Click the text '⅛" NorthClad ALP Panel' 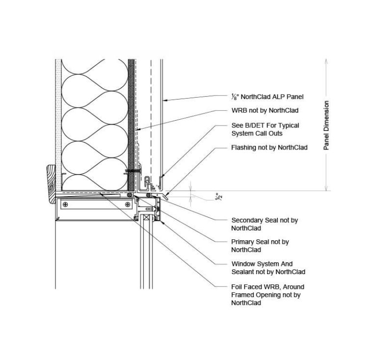click(267, 97)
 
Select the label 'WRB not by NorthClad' click(265, 111)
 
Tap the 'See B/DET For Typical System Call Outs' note click(265, 129)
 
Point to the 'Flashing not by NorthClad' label click(269, 147)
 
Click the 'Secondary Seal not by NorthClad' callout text click(264, 224)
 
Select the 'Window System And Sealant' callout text click(268, 268)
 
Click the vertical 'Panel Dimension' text click(326, 126)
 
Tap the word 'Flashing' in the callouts click(244, 147)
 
